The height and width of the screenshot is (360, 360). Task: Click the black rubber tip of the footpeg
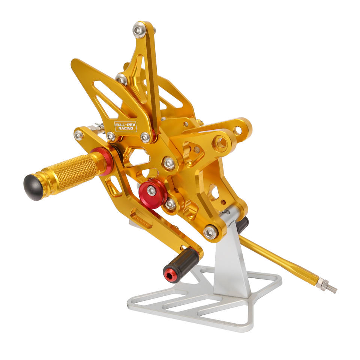[33, 187]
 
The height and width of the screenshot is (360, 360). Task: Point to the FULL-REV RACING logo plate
[126, 126]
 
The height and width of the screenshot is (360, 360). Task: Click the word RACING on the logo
[126, 128]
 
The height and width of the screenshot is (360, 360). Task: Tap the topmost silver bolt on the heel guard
[139, 30]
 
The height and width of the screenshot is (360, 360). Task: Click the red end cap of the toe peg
[170, 274]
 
